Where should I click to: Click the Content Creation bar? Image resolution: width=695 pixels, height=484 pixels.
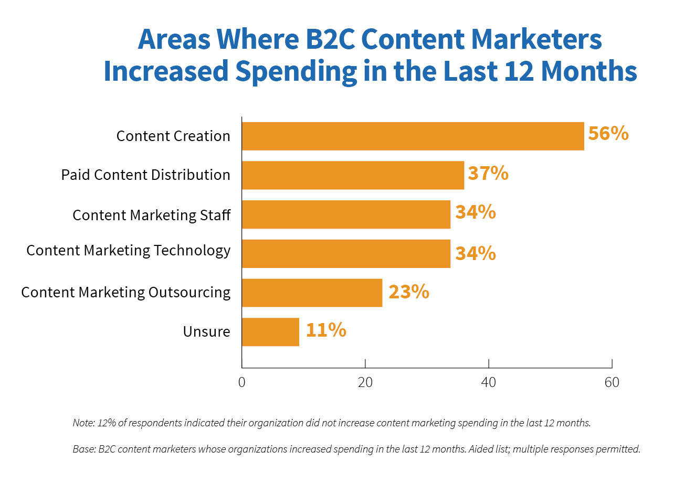click(413, 136)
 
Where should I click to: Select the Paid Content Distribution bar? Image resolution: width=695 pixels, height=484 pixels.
click(353, 175)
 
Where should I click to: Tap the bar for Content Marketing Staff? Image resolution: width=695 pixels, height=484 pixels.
click(346, 214)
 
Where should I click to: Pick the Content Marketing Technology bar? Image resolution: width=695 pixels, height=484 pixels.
click(346, 254)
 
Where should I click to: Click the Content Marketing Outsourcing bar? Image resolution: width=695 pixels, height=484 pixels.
click(312, 293)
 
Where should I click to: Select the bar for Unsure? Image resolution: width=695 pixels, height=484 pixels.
click(270, 332)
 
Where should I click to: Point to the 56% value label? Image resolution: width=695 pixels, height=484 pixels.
click(608, 134)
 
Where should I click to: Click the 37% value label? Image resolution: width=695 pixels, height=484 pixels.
click(488, 173)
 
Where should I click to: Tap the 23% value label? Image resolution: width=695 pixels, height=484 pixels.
click(408, 292)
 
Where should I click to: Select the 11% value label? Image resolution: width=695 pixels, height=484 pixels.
click(325, 330)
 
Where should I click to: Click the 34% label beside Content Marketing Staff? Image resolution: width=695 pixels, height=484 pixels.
click(475, 212)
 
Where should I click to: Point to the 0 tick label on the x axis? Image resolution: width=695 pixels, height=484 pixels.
click(241, 382)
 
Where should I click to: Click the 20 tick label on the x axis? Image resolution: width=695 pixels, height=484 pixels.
click(365, 382)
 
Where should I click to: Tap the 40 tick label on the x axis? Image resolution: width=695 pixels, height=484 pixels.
click(488, 382)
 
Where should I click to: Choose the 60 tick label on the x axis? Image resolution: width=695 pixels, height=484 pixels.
click(612, 382)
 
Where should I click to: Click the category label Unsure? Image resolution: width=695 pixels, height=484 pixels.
click(206, 332)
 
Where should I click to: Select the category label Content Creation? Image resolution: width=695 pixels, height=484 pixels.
click(173, 136)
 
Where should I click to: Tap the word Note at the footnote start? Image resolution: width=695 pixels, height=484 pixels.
click(83, 423)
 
